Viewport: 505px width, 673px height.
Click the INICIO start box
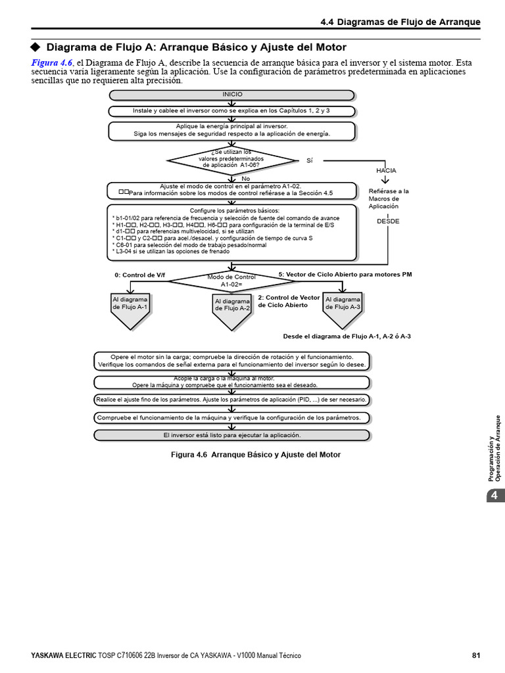coord(231,95)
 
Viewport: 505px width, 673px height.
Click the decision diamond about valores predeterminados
coord(232,160)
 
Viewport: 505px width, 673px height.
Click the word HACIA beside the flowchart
coord(386,170)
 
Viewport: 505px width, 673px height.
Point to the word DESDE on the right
coord(388,221)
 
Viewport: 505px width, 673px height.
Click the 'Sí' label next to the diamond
coord(310,160)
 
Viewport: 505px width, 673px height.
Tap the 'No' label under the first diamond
coord(246,179)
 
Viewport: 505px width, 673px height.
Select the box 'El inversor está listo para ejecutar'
coord(231,435)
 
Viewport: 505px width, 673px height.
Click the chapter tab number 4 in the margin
coord(494,495)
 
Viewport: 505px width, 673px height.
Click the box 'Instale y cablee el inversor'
coord(231,111)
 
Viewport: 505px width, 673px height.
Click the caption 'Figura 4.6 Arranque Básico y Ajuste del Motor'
coord(256,455)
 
